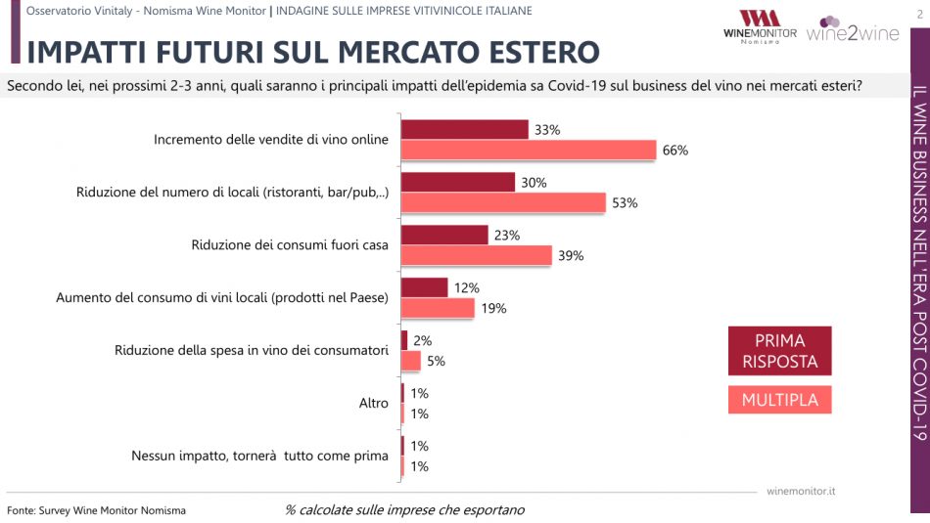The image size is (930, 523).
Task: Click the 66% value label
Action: [675, 150]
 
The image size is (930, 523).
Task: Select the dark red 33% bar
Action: [465, 129]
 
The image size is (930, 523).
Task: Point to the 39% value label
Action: [571, 255]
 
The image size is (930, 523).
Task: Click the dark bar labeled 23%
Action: [444, 235]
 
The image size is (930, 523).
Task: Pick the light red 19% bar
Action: [438, 308]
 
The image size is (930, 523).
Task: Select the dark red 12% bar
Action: [425, 287]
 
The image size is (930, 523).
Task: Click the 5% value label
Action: [436, 361]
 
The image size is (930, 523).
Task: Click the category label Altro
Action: [374, 403]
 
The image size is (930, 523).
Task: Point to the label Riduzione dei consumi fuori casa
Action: [291, 244]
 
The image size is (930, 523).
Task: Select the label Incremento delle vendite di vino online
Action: [271, 139]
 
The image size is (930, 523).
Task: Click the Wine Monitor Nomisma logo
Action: [759, 25]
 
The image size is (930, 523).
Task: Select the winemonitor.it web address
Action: [807, 490]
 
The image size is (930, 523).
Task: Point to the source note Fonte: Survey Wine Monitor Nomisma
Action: [96, 510]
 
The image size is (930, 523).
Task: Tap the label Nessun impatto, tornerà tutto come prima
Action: [259, 456]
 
